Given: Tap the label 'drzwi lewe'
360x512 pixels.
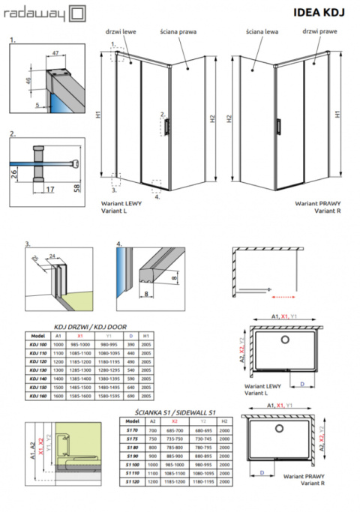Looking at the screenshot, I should pyautogui.click(x=125, y=32).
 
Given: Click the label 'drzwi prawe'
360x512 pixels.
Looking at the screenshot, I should pyautogui.click(x=317, y=32).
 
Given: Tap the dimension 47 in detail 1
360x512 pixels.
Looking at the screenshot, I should pyautogui.click(x=56, y=54).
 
